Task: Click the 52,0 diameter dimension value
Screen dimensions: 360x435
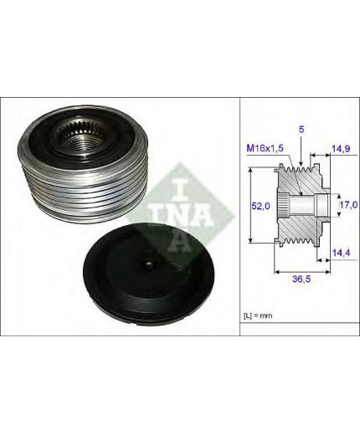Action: tap(260, 206)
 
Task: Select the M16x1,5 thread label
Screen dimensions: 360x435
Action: tap(265, 148)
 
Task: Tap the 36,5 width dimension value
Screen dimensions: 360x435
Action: tap(302, 279)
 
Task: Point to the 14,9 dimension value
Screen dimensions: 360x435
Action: tap(341, 149)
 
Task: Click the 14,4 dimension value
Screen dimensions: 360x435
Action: tap(341, 253)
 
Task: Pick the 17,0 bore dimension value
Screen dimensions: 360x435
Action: tap(349, 205)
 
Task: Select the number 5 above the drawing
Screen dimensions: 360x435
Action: tap(301, 130)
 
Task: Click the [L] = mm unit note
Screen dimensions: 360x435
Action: tap(258, 315)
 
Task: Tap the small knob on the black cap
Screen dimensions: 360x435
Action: tap(148, 264)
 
